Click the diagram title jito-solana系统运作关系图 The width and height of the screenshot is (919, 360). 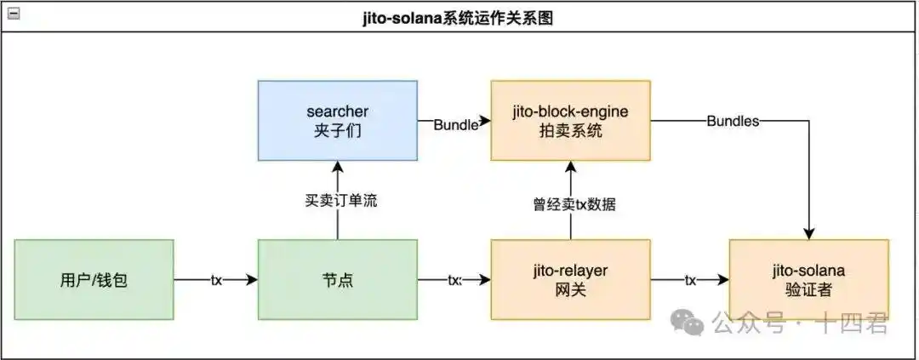(x=459, y=17)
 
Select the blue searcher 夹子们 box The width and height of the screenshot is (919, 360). (x=338, y=121)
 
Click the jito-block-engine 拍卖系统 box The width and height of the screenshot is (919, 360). (x=570, y=121)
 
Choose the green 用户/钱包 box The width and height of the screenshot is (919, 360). (x=94, y=279)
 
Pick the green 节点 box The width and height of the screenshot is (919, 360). (x=338, y=279)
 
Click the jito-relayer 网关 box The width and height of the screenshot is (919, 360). (x=570, y=279)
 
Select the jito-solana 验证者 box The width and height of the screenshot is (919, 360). (x=808, y=279)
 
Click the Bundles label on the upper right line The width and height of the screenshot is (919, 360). (x=733, y=121)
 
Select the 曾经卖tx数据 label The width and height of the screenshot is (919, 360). (x=570, y=204)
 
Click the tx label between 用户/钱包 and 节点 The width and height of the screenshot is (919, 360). (x=216, y=280)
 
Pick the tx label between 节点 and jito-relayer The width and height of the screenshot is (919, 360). (x=454, y=280)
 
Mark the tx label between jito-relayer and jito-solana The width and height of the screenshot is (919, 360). (x=690, y=280)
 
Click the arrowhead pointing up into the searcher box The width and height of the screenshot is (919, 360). (x=338, y=168)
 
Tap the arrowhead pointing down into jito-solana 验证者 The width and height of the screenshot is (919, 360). (x=808, y=233)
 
